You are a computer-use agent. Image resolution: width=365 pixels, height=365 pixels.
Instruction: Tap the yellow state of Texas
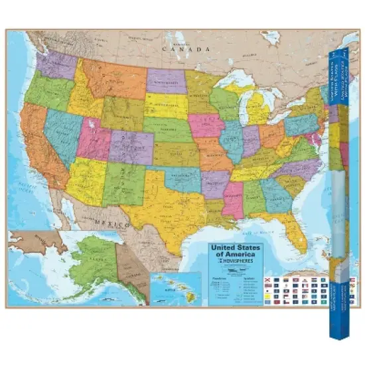159,206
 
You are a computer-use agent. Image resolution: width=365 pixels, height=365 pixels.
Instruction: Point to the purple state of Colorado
131,147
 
